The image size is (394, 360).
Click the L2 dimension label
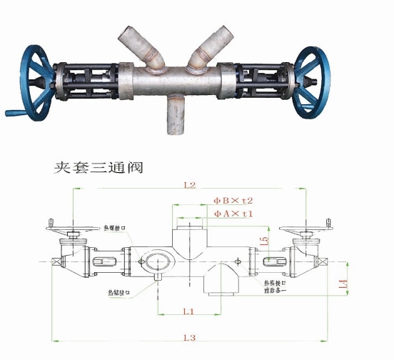[188, 186]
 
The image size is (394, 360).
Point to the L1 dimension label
[188, 311]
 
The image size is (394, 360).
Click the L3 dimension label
[188, 336]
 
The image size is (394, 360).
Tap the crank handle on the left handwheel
[14, 112]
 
